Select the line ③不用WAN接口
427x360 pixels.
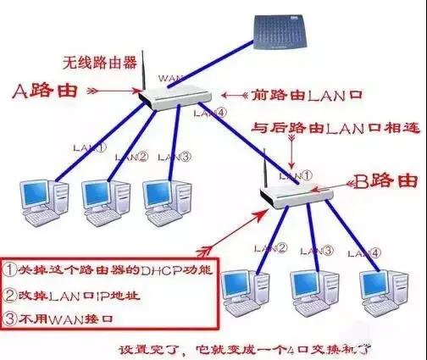59,319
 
